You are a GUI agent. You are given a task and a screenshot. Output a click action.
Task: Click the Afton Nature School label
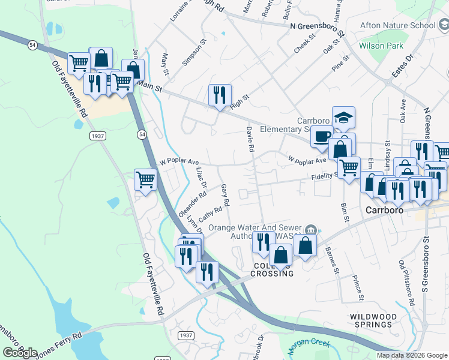tap(397, 26)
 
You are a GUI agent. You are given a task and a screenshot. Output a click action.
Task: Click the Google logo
tap(20, 353)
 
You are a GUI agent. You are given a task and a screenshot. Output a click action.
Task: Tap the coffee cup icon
tap(322, 136)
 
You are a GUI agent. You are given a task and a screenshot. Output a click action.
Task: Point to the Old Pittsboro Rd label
tap(406, 282)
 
